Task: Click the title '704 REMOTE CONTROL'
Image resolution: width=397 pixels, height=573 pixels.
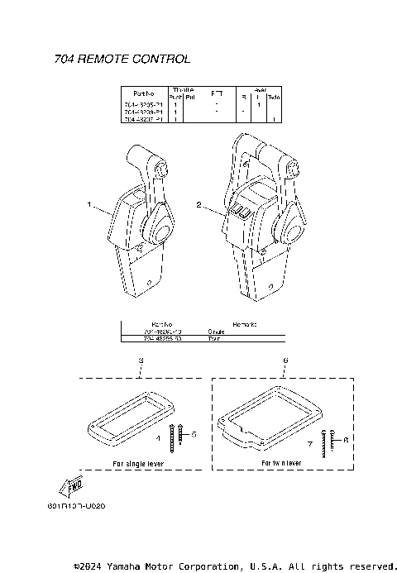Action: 122,59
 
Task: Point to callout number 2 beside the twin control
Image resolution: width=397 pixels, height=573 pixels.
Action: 198,203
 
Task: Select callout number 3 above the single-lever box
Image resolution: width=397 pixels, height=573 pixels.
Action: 141,361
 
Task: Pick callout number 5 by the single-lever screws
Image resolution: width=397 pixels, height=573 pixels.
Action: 194,432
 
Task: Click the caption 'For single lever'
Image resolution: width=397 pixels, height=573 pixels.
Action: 138,465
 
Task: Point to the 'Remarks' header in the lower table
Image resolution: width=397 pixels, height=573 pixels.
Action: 245,324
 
